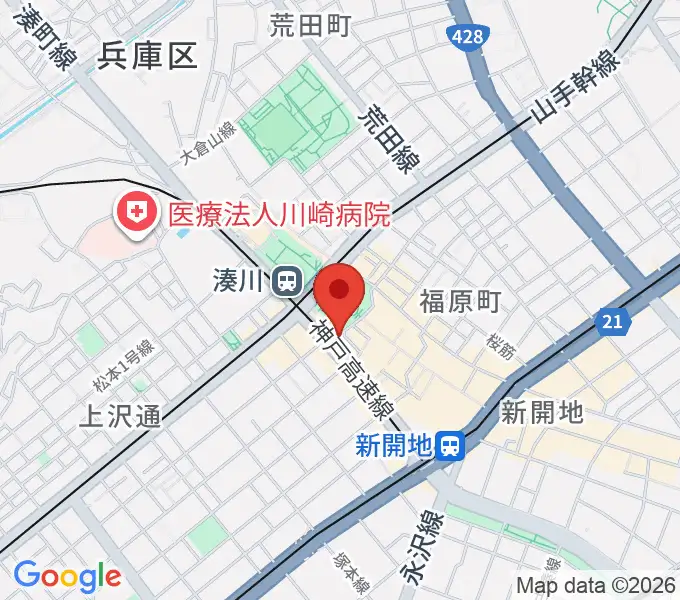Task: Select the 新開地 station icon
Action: tap(452, 444)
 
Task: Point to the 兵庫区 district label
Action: tap(148, 56)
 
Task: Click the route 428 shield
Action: tap(460, 35)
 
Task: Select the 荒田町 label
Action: tap(311, 27)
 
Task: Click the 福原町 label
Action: tap(460, 300)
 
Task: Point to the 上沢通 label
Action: tap(119, 416)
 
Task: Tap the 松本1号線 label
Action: tap(123, 367)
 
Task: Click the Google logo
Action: tap(67, 576)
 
